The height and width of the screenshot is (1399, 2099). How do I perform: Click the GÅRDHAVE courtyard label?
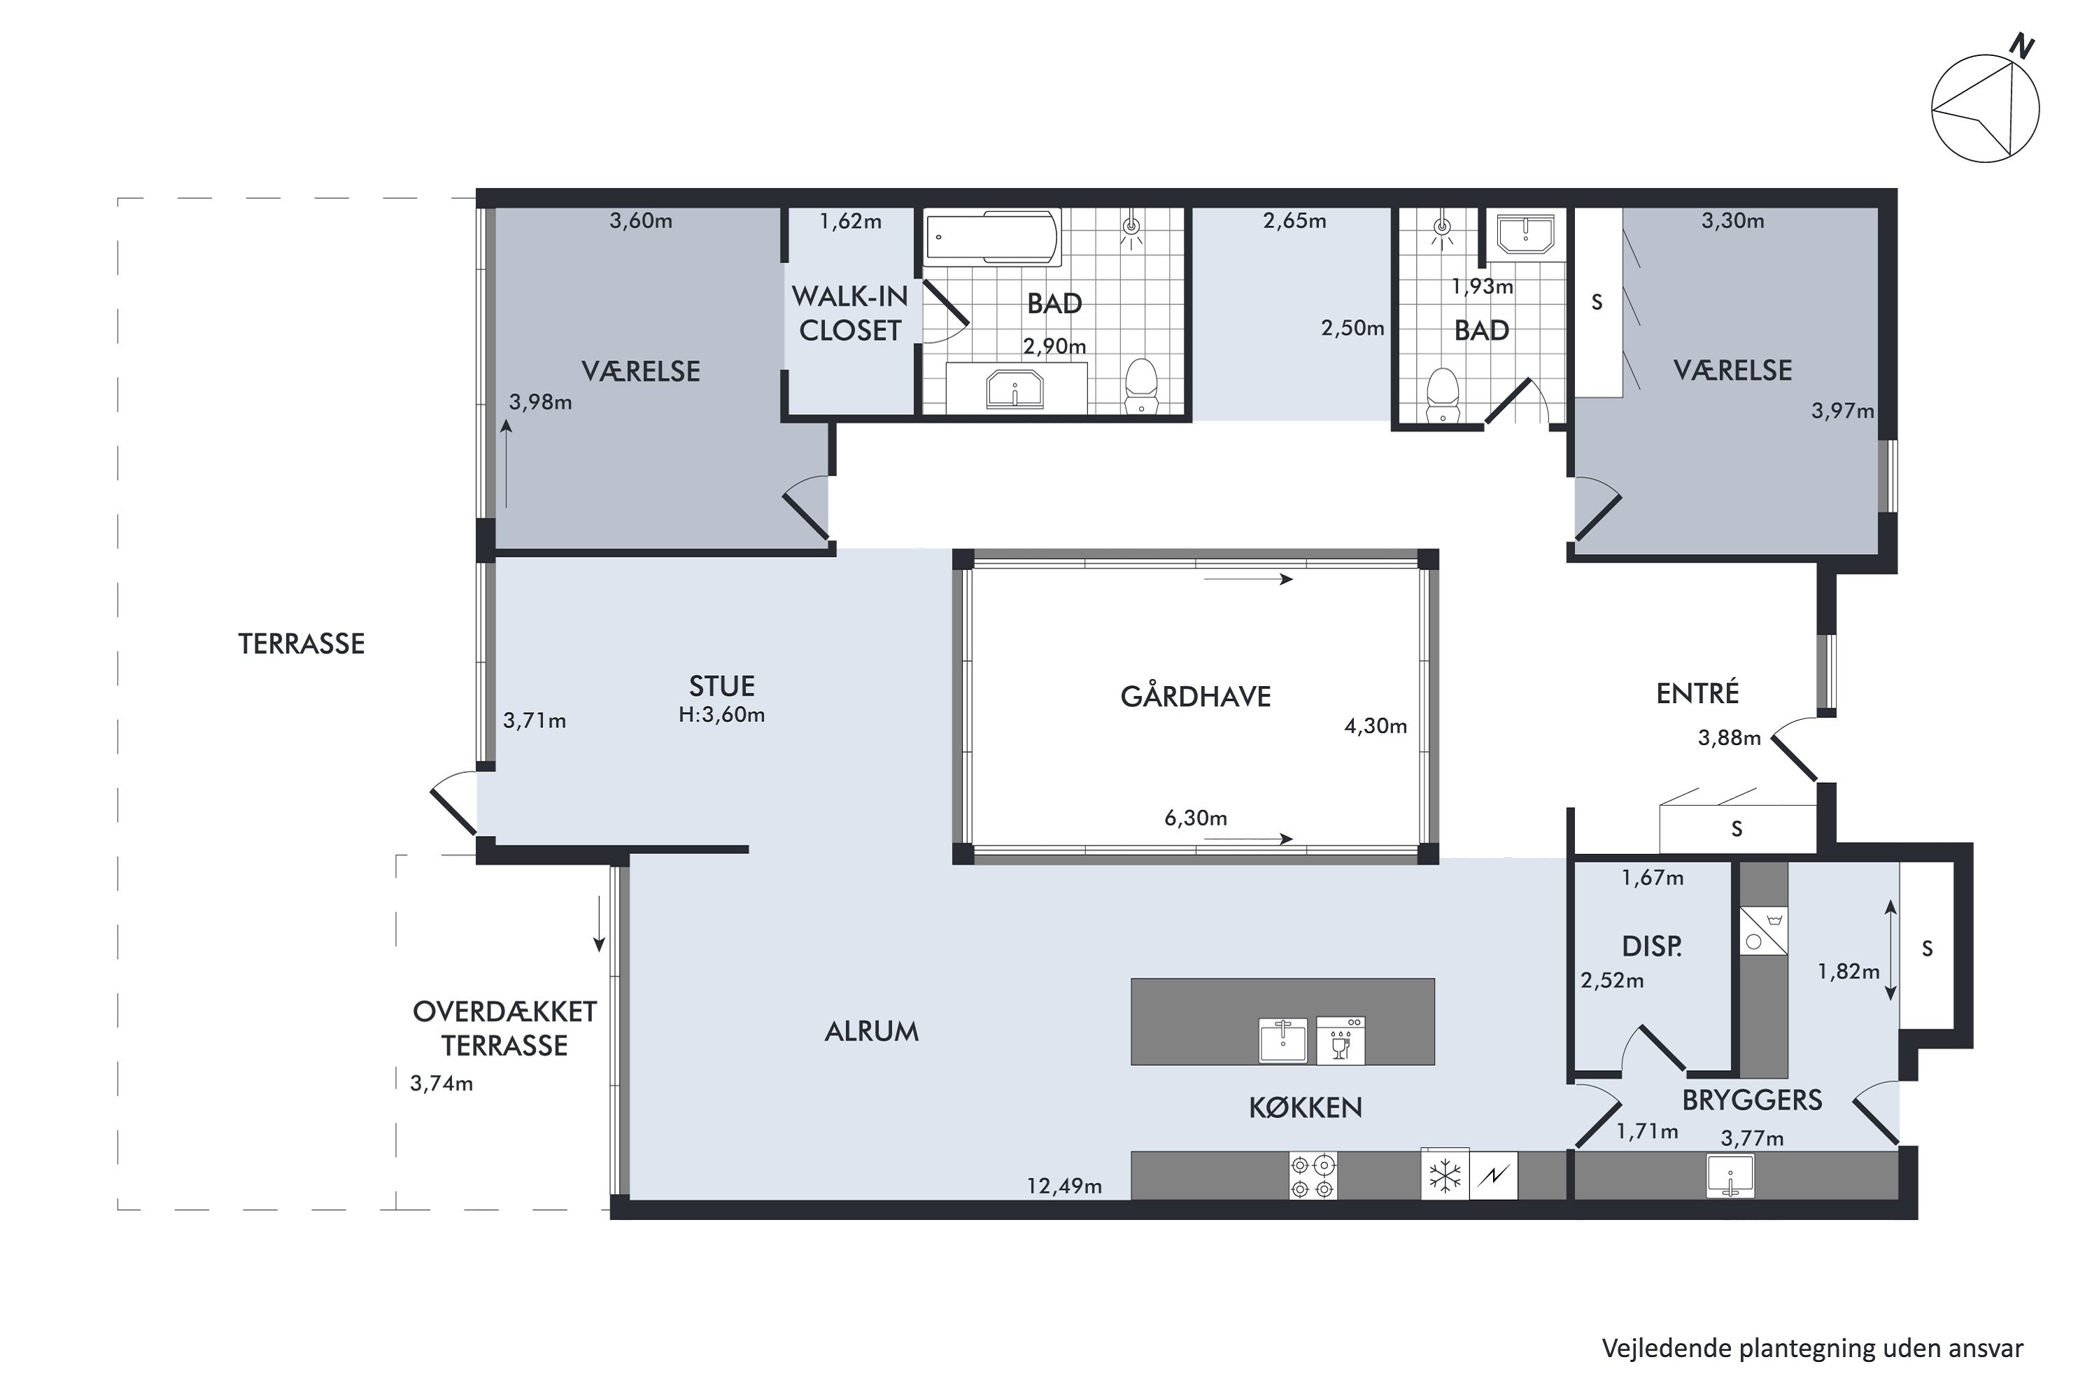(x=1195, y=696)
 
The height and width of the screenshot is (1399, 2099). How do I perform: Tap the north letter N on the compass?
(x=2021, y=45)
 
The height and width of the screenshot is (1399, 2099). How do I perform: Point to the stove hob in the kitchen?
(x=1313, y=1176)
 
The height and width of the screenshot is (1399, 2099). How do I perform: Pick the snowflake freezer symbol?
(x=1445, y=1175)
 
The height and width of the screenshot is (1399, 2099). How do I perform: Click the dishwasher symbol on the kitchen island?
(x=1341, y=1040)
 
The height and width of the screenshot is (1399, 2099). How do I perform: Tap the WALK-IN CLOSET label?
(x=849, y=313)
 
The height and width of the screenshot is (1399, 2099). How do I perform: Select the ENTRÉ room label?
(x=1697, y=693)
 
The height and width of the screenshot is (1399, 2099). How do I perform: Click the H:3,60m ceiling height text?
(x=721, y=715)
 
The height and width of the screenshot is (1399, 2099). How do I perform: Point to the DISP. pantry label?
(x=1652, y=946)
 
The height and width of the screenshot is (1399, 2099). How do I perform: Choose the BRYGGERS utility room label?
(x=1752, y=1100)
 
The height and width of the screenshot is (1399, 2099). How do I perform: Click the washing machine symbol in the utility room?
(x=1763, y=930)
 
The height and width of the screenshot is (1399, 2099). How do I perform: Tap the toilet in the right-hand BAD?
(x=1442, y=395)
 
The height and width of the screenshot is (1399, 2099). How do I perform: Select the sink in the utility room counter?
(x=1730, y=1176)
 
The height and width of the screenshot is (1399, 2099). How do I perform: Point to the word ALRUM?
(x=871, y=1031)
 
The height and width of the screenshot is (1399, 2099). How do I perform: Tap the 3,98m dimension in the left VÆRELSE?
(x=540, y=402)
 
